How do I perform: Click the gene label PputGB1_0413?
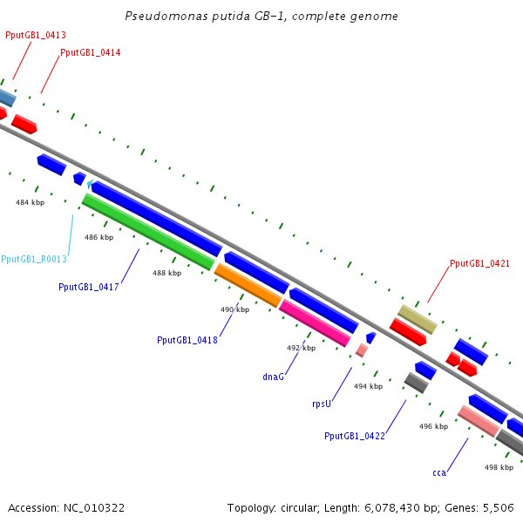[36, 36]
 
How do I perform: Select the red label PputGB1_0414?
[91, 53]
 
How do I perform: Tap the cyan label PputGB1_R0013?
[34, 260]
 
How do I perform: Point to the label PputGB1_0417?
[89, 287]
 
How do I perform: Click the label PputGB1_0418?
[187, 340]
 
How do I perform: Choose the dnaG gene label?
[274, 377]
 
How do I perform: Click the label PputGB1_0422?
[355, 436]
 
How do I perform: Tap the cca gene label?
[439, 472]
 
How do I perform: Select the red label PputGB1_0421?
[479, 263]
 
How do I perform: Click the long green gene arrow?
[148, 232]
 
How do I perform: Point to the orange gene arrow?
[248, 285]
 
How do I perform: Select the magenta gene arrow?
[315, 322]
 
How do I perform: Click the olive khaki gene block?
[417, 318]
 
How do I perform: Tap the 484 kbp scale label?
[30, 202]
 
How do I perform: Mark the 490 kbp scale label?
[234, 309]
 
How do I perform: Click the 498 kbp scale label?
[499, 467]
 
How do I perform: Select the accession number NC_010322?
[92, 507]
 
